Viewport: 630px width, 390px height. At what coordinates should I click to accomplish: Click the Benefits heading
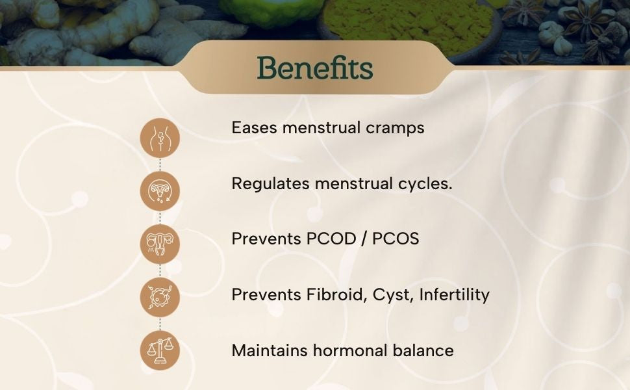pyautogui.click(x=315, y=68)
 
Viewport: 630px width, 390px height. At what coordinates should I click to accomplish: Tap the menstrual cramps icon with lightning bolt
pyautogui.click(x=160, y=138)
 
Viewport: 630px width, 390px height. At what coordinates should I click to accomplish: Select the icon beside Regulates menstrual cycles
pyautogui.click(x=160, y=190)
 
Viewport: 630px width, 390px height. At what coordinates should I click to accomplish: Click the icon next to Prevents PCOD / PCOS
pyautogui.click(x=160, y=244)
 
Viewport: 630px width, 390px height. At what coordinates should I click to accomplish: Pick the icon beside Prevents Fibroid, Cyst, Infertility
pyautogui.click(x=160, y=297)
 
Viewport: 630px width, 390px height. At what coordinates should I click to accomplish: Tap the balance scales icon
pyautogui.click(x=160, y=350)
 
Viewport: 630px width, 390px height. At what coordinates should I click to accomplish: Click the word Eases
pyautogui.click(x=255, y=128)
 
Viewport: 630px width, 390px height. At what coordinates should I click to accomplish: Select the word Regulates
pyautogui.click(x=270, y=184)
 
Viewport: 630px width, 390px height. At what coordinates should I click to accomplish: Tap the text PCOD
pyautogui.click(x=331, y=239)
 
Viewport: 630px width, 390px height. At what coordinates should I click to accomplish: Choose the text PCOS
pyautogui.click(x=396, y=239)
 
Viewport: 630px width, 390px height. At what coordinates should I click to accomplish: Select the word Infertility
pyautogui.click(x=455, y=294)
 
